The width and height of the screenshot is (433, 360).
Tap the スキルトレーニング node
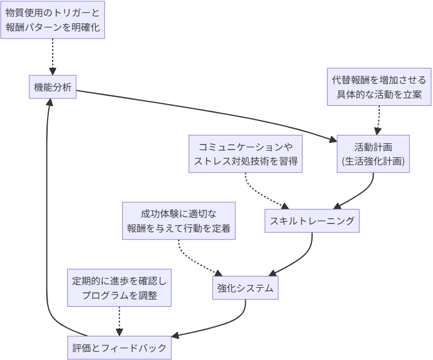(312, 221)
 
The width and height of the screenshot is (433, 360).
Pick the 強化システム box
(245, 288)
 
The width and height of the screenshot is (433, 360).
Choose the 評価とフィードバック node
(119, 348)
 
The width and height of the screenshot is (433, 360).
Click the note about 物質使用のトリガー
(53, 20)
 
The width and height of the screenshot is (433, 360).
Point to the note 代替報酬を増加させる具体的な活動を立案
(379, 87)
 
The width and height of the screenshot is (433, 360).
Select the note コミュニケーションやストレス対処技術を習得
(245, 154)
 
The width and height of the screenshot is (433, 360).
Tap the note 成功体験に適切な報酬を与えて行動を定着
(179, 221)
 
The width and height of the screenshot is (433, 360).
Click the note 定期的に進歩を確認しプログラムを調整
(119, 288)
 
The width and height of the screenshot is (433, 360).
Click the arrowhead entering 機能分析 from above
(53, 72)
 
